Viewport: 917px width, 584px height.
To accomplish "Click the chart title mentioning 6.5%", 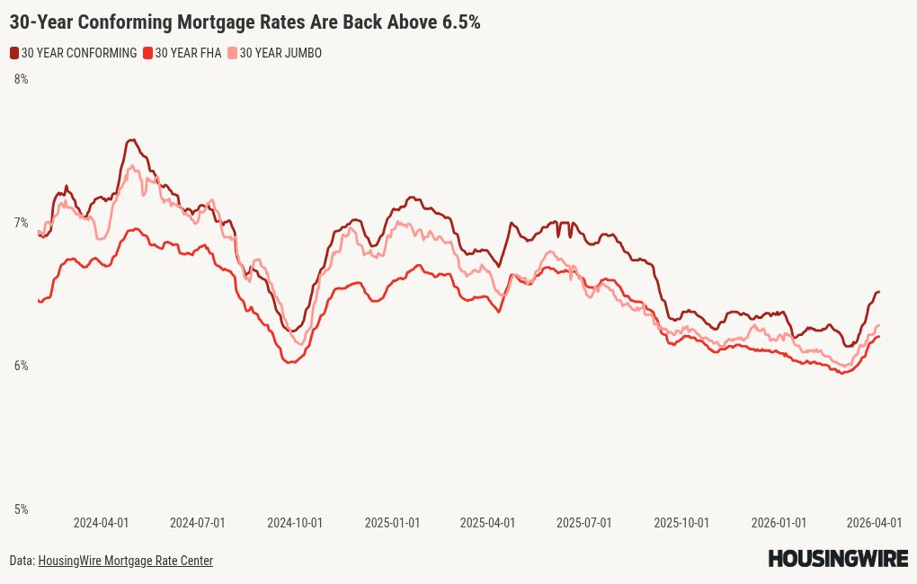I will pyautogui.click(x=245, y=22).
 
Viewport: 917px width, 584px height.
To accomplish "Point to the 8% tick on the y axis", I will pyautogui.click(x=21, y=79).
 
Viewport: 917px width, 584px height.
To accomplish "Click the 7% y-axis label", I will pyautogui.click(x=21, y=222).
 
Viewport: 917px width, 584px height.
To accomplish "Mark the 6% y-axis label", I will pyautogui.click(x=21, y=366).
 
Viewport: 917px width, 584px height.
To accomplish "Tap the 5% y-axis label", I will pyautogui.click(x=21, y=509).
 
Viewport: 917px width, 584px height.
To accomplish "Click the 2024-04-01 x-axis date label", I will pyautogui.click(x=101, y=523).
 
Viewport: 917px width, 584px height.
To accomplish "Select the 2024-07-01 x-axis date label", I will pyautogui.click(x=198, y=523).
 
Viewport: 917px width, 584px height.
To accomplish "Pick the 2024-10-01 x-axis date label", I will pyautogui.click(x=295, y=523).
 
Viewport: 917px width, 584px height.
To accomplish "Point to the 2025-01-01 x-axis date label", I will pyautogui.click(x=392, y=523).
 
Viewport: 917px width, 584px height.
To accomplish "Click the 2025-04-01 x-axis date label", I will pyautogui.click(x=487, y=523).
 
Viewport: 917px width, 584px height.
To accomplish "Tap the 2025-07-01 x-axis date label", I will pyautogui.click(x=584, y=523).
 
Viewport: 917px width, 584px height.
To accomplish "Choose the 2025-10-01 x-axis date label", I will pyautogui.click(x=681, y=523).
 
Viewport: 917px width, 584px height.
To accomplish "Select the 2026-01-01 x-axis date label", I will pyautogui.click(x=779, y=523).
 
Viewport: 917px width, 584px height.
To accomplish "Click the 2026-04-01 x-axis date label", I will pyautogui.click(x=875, y=523).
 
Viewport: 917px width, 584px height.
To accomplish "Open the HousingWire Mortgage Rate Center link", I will pyautogui.click(x=125, y=561).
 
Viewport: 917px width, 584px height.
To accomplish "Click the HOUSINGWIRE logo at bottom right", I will pyautogui.click(x=837, y=559).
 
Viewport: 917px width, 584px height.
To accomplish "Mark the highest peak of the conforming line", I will pyautogui.click(x=132, y=139).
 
